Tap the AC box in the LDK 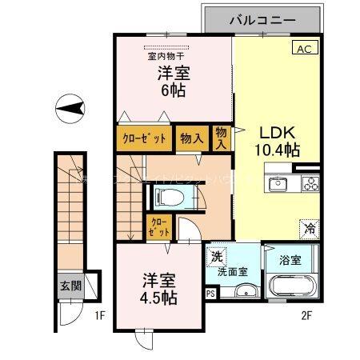(305, 49)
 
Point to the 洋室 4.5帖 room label (160, 289)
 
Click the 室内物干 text (166, 56)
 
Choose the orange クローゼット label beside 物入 (145, 138)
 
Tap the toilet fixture (170, 196)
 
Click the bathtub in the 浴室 (294, 286)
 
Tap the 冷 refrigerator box (310, 228)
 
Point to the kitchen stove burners (310, 185)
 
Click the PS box (210, 294)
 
